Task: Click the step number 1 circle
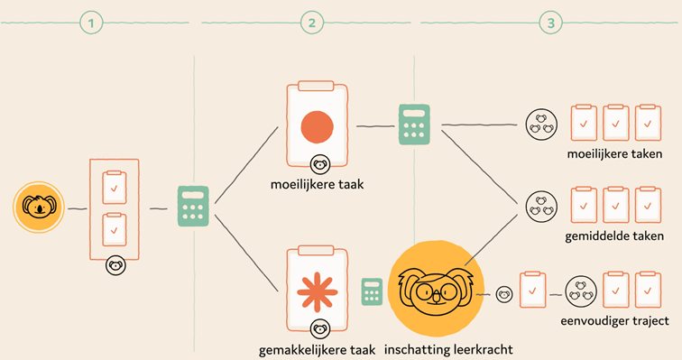click(91, 23)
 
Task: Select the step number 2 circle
click(312, 23)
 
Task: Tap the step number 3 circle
click(550, 23)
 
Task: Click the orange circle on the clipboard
click(317, 127)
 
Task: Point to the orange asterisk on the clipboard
click(317, 292)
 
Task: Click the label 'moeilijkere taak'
click(317, 184)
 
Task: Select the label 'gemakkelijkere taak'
click(317, 350)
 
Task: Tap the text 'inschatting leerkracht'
click(448, 349)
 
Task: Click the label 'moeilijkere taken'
click(614, 154)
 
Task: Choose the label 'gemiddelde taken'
click(614, 236)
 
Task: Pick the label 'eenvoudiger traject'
click(614, 321)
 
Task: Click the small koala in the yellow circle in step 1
click(39, 207)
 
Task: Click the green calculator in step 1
click(193, 206)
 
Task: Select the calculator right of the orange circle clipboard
click(414, 125)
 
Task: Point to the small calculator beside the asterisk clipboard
click(372, 291)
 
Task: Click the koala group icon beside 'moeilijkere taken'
click(541, 125)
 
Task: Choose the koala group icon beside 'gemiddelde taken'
click(541, 207)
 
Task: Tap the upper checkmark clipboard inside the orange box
click(115, 188)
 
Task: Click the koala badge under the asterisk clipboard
click(319, 329)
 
